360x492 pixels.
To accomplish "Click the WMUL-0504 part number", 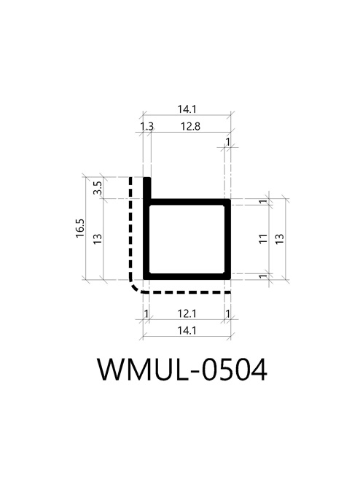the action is click(x=182, y=370).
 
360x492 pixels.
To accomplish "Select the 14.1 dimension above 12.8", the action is click(x=187, y=109).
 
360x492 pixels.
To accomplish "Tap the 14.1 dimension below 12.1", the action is click(x=187, y=330).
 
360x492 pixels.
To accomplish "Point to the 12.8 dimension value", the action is click(x=190, y=126).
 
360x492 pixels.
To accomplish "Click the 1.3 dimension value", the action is click(x=146, y=126).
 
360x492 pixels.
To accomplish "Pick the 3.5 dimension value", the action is click(x=98, y=188).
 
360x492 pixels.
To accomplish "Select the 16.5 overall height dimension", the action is click(x=80, y=228).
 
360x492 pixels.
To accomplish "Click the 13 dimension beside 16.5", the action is click(x=98, y=239).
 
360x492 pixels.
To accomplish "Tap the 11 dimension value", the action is click(x=263, y=239).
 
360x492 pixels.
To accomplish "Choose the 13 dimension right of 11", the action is click(x=280, y=239).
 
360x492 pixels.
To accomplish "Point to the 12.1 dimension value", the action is click(x=187, y=313).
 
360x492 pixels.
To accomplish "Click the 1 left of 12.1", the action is click(x=146, y=313).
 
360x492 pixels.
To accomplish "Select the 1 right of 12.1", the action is click(x=228, y=313).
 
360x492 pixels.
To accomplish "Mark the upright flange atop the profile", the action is click(x=147, y=188).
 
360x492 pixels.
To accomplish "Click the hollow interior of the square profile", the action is click(x=187, y=239).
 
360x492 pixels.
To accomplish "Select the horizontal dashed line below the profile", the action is click(x=187, y=292).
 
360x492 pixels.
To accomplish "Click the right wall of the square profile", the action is click(x=228, y=239).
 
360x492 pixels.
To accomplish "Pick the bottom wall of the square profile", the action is click(x=187, y=276).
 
